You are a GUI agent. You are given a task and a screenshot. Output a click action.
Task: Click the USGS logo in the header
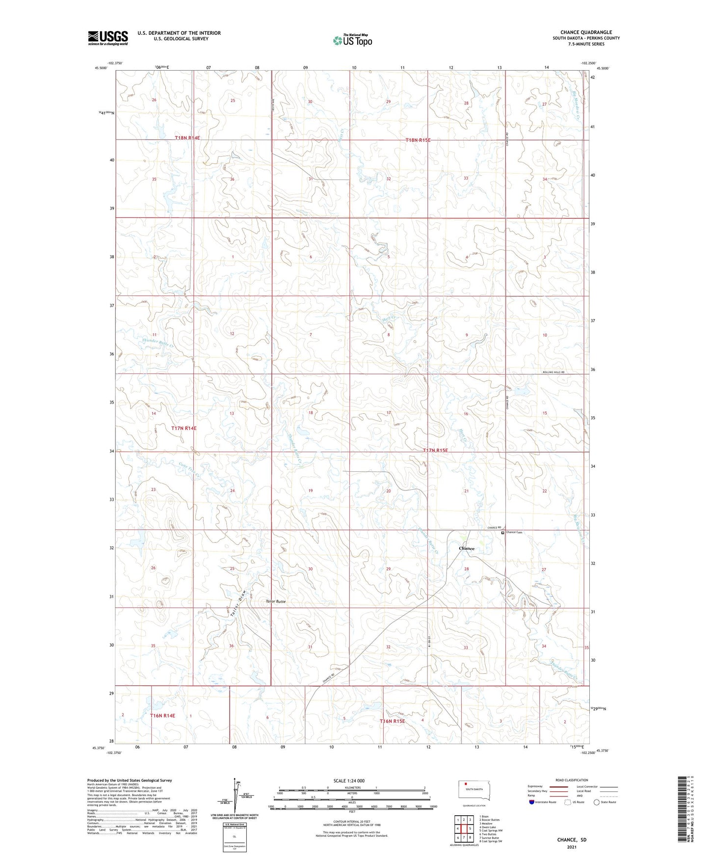click(108, 38)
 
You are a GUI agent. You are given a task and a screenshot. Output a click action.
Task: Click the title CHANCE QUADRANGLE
click(586, 32)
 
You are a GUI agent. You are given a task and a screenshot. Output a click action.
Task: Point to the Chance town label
click(466, 548)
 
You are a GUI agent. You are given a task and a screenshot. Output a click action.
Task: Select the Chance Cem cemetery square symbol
click(502, 532)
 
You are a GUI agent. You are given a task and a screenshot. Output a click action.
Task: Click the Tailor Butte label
click(275, 601)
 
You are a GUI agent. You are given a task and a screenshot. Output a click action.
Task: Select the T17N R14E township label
click(184, 428)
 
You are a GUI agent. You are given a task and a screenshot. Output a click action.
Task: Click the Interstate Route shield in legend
click(532, 802)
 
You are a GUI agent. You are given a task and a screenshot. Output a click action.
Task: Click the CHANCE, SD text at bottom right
click(572, 840)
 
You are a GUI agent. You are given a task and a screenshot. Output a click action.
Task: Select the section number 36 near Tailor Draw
click(231, 646)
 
